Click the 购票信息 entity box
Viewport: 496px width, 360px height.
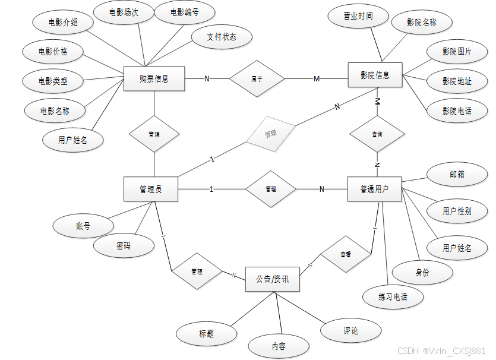pos(154,78)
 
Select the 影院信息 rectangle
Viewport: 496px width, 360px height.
pos(375,75)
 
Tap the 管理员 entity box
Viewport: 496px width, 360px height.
pos(151,190)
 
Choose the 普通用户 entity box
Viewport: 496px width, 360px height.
pos(374,190)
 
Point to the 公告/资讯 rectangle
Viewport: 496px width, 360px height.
pos(272,279)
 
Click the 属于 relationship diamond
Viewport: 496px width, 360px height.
pos(257,78)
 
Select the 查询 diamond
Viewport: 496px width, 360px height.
pos(377,135)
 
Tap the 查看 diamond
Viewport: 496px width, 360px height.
pos(345,254)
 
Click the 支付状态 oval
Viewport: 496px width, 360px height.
pos(222,37)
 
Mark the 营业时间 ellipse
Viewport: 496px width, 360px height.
pos(358,16)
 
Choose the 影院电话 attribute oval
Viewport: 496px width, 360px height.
pos(457,111)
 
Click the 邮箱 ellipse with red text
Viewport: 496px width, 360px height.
pos(457,175)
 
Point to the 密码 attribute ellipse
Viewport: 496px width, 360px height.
pos(124,245)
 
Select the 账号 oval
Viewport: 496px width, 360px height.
pos(83,226)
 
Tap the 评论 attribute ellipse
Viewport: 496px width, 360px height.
pos(351,331)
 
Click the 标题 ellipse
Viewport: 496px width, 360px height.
pos(206,334)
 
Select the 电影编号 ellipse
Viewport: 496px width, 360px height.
pos(184,12)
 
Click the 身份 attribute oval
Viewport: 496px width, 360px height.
pos(422,273)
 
